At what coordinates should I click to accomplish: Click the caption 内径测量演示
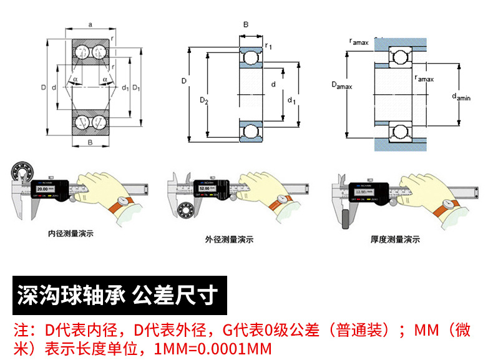point(71,235)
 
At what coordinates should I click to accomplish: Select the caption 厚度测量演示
point(394,239)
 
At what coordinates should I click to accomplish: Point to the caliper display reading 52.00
point(204,187)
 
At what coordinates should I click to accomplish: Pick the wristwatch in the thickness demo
point(447,205)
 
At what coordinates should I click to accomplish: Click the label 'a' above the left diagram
point(90,24)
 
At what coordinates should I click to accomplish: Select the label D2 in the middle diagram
point(203,100)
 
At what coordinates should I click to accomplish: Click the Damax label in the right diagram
point(341,85)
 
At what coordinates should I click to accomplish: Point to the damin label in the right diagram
point(461,95)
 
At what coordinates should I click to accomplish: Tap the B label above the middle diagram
point(245,25)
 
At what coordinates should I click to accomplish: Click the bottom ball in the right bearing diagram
point(399,131)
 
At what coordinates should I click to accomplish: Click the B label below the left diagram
point(90,144)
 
